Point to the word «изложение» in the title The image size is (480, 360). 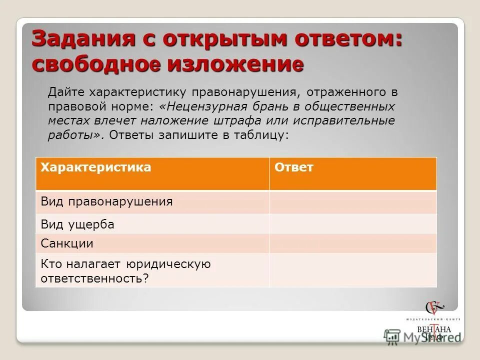tap(235, 64)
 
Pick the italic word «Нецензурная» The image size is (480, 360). tap(200, 106)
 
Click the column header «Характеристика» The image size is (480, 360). tap(95, 167)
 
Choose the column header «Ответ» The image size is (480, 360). tap(294, 167)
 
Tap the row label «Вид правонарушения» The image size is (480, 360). tap(106, 202)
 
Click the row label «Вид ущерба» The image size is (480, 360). tap(77, 225)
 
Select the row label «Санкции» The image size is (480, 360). tap(67, 244)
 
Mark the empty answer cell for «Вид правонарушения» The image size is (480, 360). tap(352, 202)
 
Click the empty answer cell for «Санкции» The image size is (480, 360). tap(352, 243)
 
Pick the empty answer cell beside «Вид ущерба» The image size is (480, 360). tap(352, 224)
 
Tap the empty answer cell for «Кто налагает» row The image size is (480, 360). tap(352, 270)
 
